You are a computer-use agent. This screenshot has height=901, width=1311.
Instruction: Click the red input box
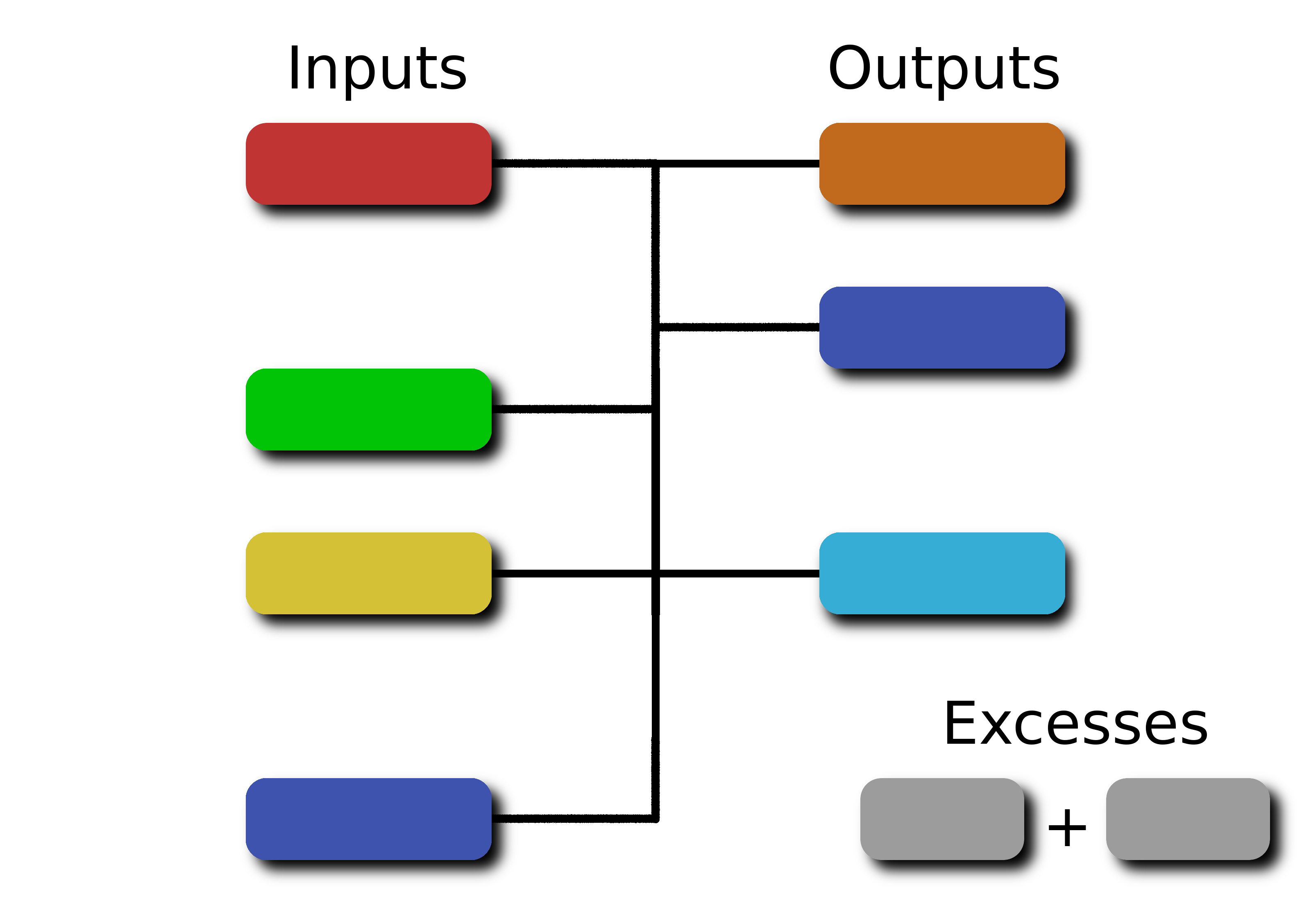tap(368, 164)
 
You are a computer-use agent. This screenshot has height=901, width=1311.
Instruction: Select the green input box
tap(368, 409)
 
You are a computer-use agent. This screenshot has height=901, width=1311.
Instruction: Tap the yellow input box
tap(368, 573)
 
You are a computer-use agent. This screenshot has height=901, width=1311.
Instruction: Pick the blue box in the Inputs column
tap(368, 819)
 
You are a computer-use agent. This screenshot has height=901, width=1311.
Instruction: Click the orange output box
tap(942, 164)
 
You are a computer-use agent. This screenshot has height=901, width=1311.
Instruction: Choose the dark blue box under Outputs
tap(942, 327)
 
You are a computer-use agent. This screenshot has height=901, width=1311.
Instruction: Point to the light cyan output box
tap(942, 573)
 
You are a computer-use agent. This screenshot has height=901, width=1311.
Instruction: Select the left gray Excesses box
tap(942, 819)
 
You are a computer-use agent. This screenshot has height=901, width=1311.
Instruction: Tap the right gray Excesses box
tap(1188, 819)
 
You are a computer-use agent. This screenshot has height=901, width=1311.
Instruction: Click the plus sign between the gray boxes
tap(1066, 828)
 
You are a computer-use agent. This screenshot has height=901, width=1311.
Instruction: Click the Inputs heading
tap(377, 69)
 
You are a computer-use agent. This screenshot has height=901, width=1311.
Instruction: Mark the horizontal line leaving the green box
tap(572, 409)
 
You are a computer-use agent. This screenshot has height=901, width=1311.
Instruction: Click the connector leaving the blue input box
tap(574, 819)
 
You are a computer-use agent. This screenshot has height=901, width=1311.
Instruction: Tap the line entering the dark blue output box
tap(739, 327)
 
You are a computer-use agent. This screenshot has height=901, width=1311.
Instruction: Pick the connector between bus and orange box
tap(739, 164)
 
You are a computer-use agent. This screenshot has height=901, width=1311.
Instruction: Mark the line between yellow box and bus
tap(572, 573)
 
